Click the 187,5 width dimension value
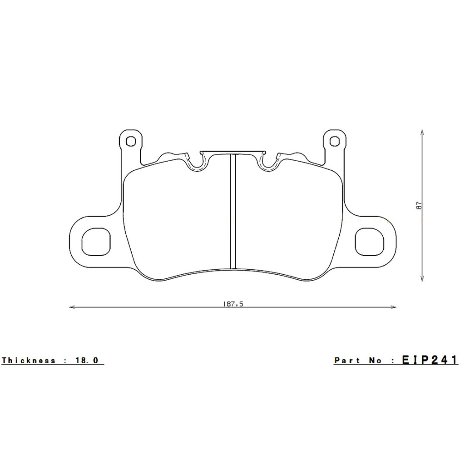[x=233, y=304]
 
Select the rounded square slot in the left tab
[x=96, y=241]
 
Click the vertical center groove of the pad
[x=233, y=211]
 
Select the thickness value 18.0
[x=87, y=361]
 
